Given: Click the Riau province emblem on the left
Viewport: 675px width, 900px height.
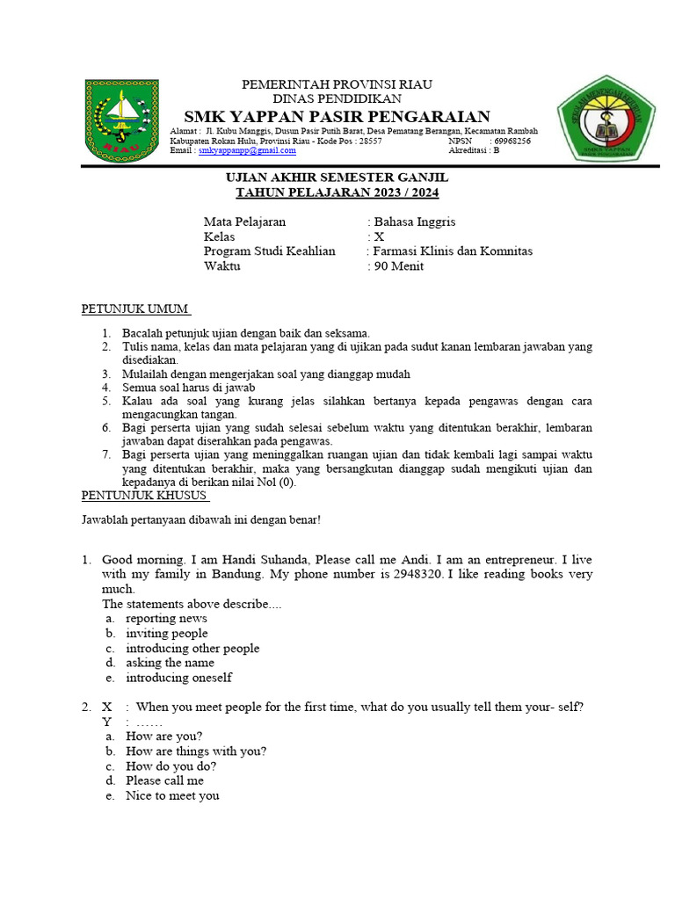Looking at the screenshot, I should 122,120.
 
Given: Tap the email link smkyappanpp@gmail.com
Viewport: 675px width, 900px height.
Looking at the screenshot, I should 247,151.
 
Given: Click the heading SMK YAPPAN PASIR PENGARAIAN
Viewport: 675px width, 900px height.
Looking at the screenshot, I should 337,117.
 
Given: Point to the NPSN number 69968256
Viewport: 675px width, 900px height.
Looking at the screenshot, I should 512,141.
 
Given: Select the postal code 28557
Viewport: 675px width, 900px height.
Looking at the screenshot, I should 371,141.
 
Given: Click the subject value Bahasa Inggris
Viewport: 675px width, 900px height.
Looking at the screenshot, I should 415,221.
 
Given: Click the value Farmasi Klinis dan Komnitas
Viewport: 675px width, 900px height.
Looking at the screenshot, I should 453,251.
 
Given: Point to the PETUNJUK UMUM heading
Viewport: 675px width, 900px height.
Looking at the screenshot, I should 135,309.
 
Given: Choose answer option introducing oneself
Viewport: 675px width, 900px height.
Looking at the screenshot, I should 178,678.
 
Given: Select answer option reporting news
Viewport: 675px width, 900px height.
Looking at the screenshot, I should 166,618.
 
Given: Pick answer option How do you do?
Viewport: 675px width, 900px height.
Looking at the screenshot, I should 171,766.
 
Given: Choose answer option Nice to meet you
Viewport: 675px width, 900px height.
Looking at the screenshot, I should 172,795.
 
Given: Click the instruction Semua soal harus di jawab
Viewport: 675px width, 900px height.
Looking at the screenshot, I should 189,387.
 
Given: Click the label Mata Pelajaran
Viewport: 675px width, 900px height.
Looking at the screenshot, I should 245,221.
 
